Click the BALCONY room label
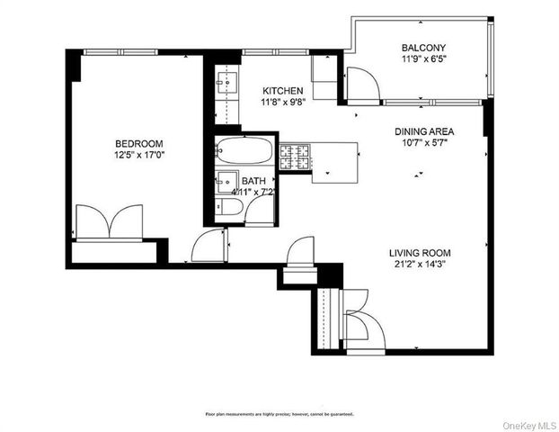pyautogui.click(x=422, y=48)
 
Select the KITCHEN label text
pyautogui.click(x=282, y=91)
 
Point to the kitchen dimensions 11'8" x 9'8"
pyautogui.click(x=282, y=103)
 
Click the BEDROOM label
pyautogui.click(x=138, y=144)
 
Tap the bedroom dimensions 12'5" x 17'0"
pyautogui.click(x=138, y=157)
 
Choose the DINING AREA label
pyautogui.click(x=424, y=131)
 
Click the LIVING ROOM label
pyautogui.click(x=419, y=253)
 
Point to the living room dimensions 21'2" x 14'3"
pyautogui.click(x=419, y=265)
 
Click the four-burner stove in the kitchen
pyautogui.click(x=295, y=157)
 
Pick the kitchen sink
pyautogui.click(x=224, y=86)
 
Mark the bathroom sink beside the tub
pyautogui.click(x=226, y=181)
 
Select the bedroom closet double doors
pyautogui.click(x=108, y=222)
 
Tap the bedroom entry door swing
pyautogui.click(x=209, y=245)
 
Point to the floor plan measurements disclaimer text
pyautogui.click(x=279, y=414)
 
